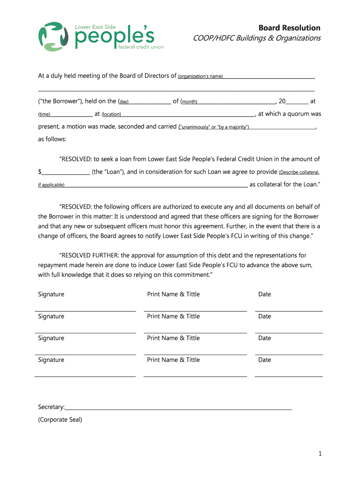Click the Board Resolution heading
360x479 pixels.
[290, 28]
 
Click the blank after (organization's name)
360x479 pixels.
[269, 76]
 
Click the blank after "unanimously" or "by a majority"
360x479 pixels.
[283, 127]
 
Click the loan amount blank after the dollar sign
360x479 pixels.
[66, 173]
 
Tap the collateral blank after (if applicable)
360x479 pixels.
[156, 185]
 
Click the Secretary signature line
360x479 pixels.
[179, 408]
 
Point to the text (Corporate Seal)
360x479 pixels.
[60, 420]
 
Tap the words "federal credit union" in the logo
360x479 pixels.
[140, 47]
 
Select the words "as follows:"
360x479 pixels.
[52, 139]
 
